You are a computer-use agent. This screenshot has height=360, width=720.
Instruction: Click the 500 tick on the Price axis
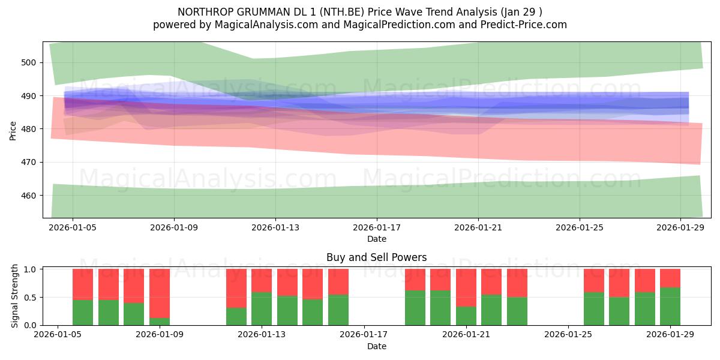pyautogui.click(x=29, y=62)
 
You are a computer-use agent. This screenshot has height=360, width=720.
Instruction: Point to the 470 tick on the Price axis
pyautogui.click(x=29, y=162)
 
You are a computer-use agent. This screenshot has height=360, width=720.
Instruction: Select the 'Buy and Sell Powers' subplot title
pyautogui.click(x=376, y=257)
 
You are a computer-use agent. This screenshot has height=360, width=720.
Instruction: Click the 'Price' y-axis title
pyautogui.click(x=13, y=130)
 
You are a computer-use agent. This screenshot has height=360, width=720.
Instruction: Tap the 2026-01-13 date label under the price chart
pyautogui.click(x=275, y=228)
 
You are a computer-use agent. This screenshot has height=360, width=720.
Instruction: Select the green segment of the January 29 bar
pyautogui.click(x=670, y=307)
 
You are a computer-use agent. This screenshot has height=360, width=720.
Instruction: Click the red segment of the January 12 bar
pyautogui.click(x=236, y=288)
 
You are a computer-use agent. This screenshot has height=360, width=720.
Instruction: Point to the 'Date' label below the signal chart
pyautogui.click(x=376, y=346)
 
